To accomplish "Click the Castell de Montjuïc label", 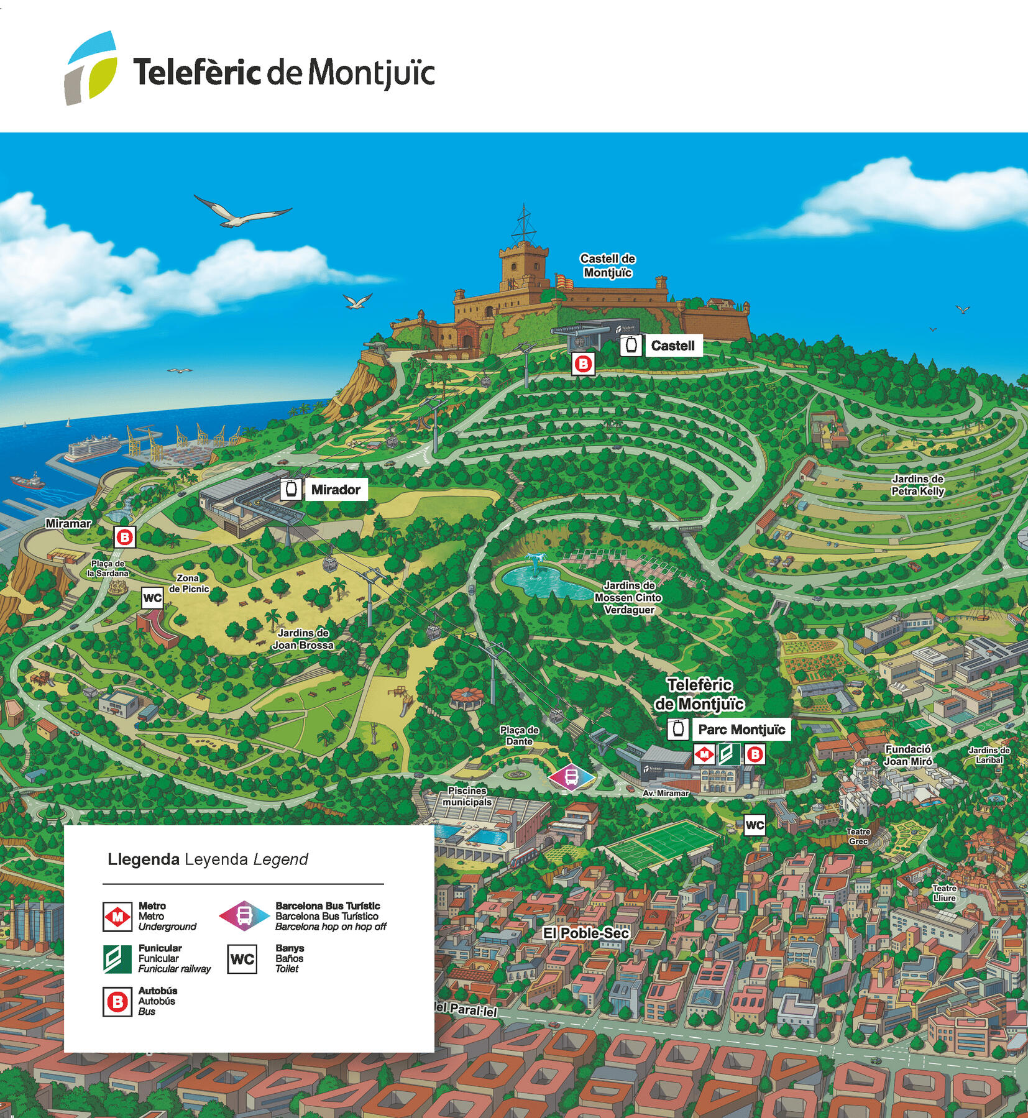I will (607, 265).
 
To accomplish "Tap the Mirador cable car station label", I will (335, 490).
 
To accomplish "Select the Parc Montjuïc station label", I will (741, 730).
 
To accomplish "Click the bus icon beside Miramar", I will (125, 537).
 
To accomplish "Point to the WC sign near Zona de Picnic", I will (152, 598).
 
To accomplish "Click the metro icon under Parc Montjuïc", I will (704, 754).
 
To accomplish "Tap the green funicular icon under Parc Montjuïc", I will (728, 754).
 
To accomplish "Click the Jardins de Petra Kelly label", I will (917, 485).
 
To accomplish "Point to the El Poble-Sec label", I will (586, 933).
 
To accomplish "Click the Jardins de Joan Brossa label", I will (303, 639).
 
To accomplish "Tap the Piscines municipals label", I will (467, 796).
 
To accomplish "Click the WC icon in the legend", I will (242, 959).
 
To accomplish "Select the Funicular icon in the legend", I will (117, 958).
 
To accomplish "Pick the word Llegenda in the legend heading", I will (144, 859).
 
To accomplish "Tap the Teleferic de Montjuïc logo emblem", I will (91, 68).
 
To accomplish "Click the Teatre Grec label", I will (858, 836).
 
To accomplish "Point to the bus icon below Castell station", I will (583, 364).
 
